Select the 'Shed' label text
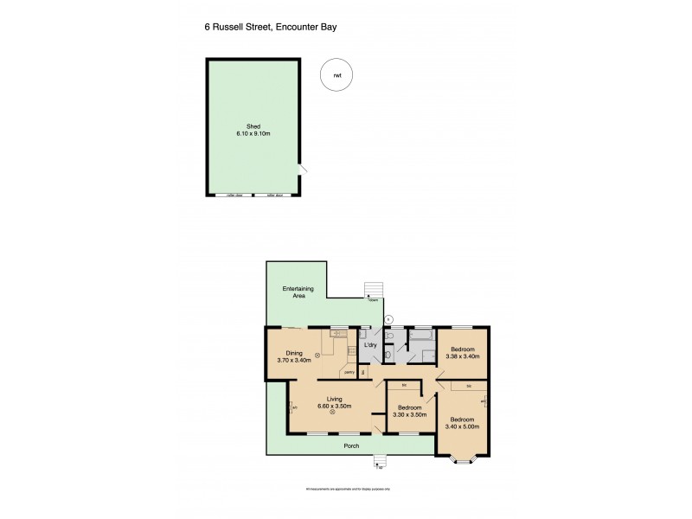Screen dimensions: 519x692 point(253,126)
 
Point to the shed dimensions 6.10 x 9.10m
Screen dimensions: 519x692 point(253,134)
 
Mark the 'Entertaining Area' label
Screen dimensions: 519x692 point(298,292)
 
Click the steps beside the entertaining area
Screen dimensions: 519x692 point(373,289)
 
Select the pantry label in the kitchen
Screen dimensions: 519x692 point(349,372)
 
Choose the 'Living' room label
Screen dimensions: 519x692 point(333,399)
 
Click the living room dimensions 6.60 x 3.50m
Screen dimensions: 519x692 point(333,406)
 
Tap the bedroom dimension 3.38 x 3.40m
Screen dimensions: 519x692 point(462,356)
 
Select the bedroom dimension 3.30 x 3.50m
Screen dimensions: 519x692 point(409,414)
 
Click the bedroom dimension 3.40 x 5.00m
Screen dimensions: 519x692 point(463,426)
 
